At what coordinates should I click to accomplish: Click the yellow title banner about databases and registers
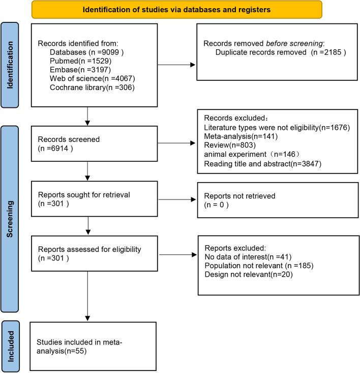coord(176,9)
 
